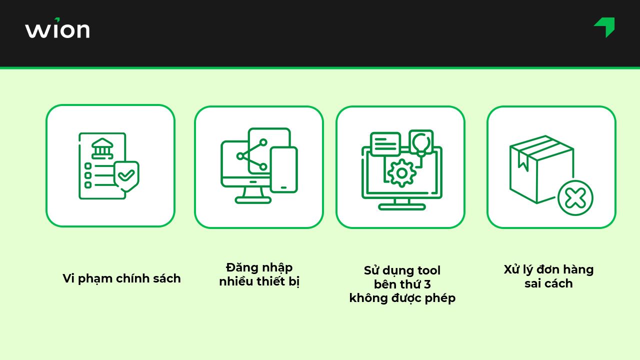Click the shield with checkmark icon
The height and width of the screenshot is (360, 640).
pyautogui.click(x=126, y=175)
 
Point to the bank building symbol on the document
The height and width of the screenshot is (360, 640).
pyautogui.click(x=102, y=148)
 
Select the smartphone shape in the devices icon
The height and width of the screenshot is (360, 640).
pyautogui.click(x=283, y=170)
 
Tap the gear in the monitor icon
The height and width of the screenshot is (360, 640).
pyautogui.click(x=401, y=173)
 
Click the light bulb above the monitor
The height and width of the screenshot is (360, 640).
pyautogui.click(x=421, y=142)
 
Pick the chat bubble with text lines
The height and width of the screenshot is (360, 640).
pyautogui.click(x=385, y=143)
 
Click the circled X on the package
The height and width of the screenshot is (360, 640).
pyautogui.click(x=575, y=198)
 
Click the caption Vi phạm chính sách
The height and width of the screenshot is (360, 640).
pyautogui.click(x=121, y=278)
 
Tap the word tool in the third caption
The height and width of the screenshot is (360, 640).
pyautogui.click(x=428, y=270)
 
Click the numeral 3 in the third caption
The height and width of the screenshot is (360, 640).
pyautogui.click(x=427, y=284)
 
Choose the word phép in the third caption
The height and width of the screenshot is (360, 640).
pyautogui.click(x=440, y=298)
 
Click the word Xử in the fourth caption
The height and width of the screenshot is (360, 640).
pyautogui.click(x=512, y=269)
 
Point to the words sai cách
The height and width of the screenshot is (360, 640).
pyautogui.click(x=548, y=283)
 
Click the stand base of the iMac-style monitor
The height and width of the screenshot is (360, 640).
pyautogui.click(x=253, y=200)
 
